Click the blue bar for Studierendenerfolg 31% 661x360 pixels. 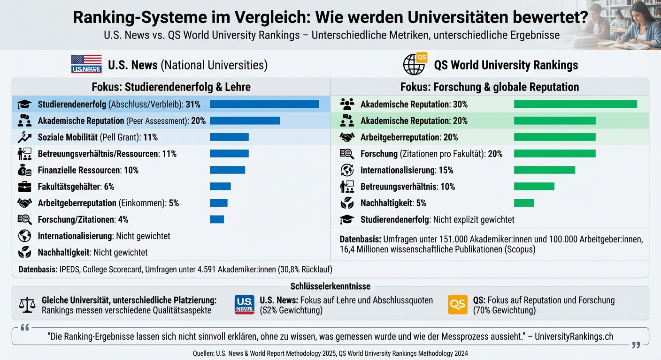264,104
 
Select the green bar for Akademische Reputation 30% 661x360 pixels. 575,104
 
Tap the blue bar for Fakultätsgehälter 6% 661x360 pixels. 220,187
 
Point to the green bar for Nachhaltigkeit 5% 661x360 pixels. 524,203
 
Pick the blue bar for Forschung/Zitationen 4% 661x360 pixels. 217,219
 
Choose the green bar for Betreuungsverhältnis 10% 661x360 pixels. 534,187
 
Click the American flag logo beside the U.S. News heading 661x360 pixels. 86,64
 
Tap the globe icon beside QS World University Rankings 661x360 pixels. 414,64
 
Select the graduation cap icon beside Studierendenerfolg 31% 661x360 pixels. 24,105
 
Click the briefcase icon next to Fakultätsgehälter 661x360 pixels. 24,187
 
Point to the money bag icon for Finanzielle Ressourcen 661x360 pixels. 24,170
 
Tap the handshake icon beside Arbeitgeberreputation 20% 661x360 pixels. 347,137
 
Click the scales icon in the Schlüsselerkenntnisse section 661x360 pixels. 27,305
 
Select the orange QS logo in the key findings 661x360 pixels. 458,305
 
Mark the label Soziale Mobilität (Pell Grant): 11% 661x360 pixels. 98,137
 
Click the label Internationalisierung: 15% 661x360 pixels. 407,170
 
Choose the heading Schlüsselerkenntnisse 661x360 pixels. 330,286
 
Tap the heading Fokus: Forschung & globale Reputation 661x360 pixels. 489,87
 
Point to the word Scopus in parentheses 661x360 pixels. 520,249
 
